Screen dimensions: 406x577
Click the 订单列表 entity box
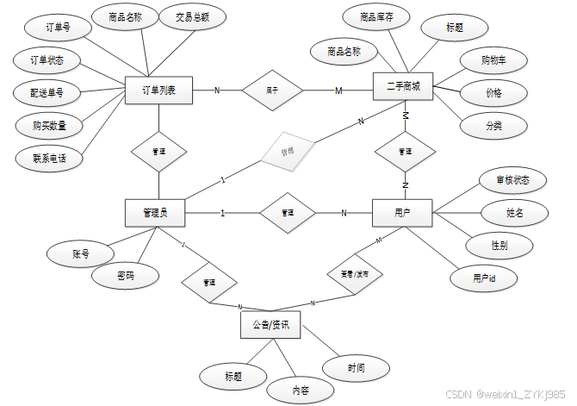coord(159,90)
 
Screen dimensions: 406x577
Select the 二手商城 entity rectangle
coord(401,88)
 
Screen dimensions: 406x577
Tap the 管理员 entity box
coord(156,212)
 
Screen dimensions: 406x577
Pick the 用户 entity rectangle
coord(401,212)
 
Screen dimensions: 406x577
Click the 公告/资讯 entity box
coord(270,325)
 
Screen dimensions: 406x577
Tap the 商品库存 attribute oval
coord(376,17)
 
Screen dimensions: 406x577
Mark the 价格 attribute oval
coord(493,92)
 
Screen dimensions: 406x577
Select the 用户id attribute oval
coord(484,278)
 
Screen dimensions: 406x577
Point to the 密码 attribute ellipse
coord(126,276)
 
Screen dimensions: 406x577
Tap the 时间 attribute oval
coord(357,368)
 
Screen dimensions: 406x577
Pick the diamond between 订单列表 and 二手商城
coord(271,90)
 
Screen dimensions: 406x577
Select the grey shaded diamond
coord(288,152)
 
